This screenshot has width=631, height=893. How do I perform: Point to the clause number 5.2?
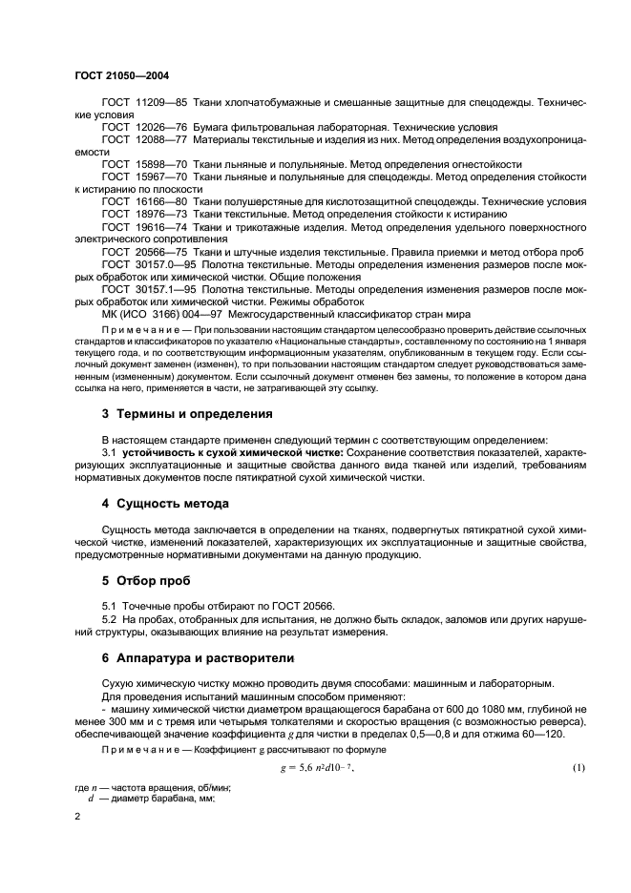(110, 619)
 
